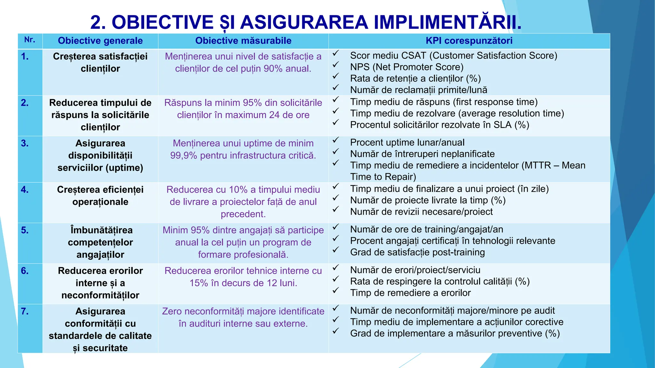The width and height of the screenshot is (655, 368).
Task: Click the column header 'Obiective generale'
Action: click(x=100, y=41)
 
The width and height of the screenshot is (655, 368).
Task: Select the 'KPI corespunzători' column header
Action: click(x=469, y=41)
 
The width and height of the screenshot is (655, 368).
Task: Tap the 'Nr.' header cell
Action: click(x=30, y=40)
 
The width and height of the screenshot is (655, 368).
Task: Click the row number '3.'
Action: click(x=25, y=143)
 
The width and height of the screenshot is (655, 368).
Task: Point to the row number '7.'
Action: click(x=25, y=311)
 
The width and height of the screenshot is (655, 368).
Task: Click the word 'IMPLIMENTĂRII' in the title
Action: click(x=447, y=22)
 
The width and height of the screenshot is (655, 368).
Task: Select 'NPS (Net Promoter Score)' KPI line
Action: click(x=406, y=67)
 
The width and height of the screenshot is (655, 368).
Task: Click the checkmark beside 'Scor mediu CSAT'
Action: click(x=335, y=54)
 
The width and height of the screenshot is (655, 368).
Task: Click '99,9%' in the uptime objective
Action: click(x=183, y=156)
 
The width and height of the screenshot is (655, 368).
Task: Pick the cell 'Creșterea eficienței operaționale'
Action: click(x=100, y=195)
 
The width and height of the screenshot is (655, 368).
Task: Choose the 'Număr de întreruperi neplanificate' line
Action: click(x=422, y=154)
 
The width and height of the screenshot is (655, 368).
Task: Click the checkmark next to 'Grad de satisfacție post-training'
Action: click(x=335, y=250)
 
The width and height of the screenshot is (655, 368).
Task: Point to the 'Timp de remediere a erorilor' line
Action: click(x=410, y=293)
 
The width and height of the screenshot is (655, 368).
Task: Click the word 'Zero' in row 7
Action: click(x=172, y=311)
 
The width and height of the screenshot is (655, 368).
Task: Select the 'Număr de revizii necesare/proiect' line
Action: click(x=421, y=212)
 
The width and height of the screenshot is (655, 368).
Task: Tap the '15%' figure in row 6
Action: click(x=199, y=283)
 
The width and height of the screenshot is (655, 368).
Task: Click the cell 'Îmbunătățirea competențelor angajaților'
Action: click(x=100, y=242)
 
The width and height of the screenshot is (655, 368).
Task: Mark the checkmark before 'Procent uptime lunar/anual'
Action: click(x=335, y=140)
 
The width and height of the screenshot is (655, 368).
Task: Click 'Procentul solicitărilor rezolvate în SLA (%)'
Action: click(x=439, y=125)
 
